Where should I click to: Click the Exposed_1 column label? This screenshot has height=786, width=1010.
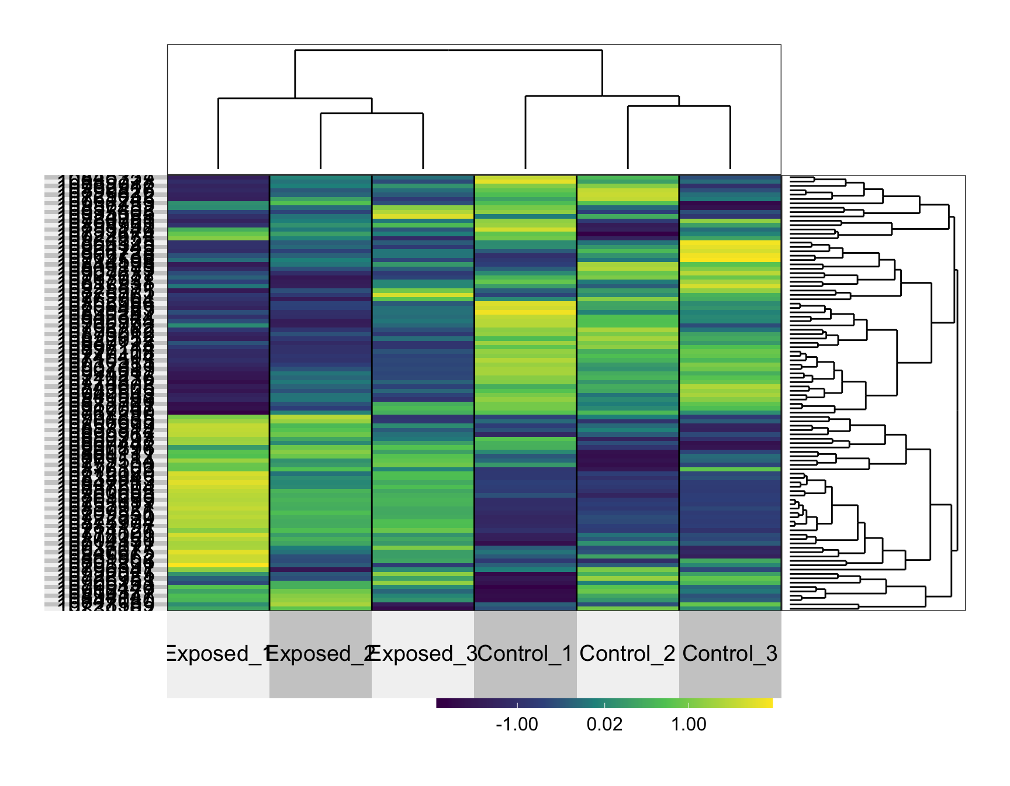pyautogui.click(x=218, y=653)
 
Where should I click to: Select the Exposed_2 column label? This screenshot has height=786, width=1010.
pyautogui.click(x=320, y=653)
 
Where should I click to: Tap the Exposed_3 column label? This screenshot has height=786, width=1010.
pyautogui.click(x=423, y=653)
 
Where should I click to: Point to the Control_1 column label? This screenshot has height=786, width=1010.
pyautogui.click(x=525, y=653)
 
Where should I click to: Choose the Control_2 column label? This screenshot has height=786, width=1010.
pyautogui.click(x=627, y=653)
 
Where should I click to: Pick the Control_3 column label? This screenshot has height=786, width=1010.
pyautogui.click(x=729, y=653)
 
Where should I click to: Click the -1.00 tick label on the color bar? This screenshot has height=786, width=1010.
pyautogui.click(x=517, y=724)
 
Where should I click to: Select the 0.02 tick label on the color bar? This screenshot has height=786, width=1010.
pyautogui.click(x=604, y=724)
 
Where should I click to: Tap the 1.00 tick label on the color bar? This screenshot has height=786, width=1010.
pyautogui.click(x=689, y=724)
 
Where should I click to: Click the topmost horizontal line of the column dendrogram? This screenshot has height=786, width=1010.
pyautogui.click(x=448, y=50)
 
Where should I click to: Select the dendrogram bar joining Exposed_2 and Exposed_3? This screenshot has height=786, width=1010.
pyautogui.click(x=372, y=113)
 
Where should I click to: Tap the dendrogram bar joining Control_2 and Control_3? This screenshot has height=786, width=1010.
pyautogui.click(x=679, y=106)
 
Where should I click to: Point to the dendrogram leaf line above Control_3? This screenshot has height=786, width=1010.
pyautogui.click(x=730, y=137)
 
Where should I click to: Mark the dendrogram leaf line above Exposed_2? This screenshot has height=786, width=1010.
pyautogui.click(x=320, y=141)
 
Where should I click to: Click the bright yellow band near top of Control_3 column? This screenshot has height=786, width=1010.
pyautogui.click(x=730, y=251)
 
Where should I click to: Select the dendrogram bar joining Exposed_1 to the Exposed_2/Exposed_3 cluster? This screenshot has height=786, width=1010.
pyautogui.click(x=295, y=98)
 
